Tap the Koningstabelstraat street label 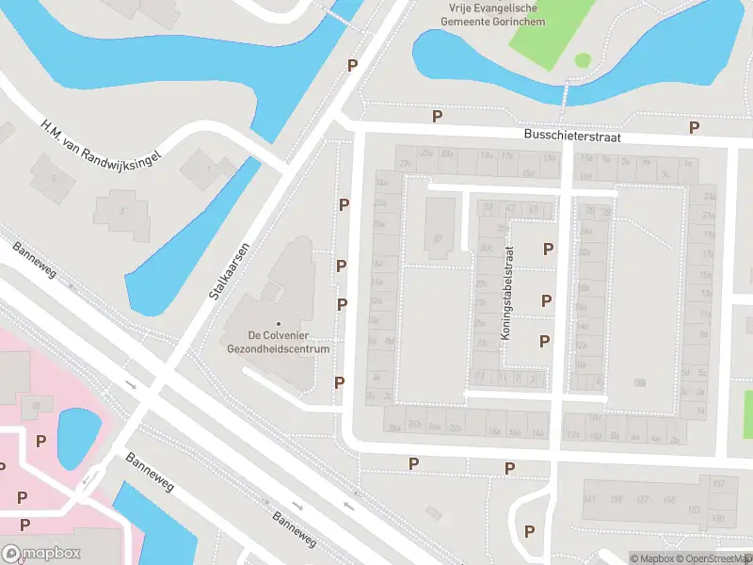[x=509, y=293]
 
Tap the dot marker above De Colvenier [x=279, y=323]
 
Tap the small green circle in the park [x=583, y=60]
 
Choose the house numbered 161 [x=590, y=498]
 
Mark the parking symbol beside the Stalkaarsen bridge [x=353, y=65]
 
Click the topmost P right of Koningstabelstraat [x=548, y=249]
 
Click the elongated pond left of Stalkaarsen [x=193, y=240]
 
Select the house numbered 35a [x=503, y=228]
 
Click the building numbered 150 [x=717, y=519]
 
